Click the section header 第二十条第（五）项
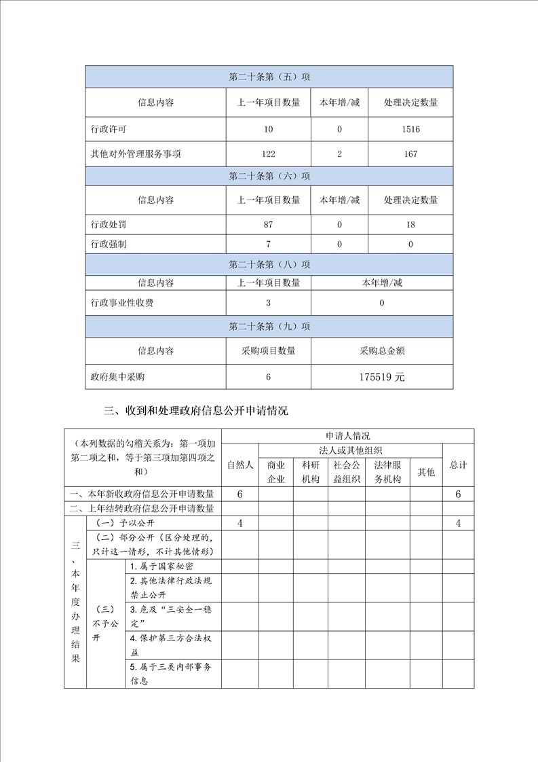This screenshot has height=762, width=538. click(269, 77)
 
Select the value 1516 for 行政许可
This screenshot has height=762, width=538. click(410, 129)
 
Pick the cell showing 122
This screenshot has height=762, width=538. click(268, 154)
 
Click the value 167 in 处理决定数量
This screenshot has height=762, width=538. click(410, 154)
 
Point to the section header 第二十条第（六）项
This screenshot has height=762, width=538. click(269, 176)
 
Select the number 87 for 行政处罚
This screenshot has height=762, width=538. click(268, 225)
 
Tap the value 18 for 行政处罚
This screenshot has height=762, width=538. click(410, 225)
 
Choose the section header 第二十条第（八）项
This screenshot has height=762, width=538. click(269, 264)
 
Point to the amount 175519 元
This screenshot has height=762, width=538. click(382, 377)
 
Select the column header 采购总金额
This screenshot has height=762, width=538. click(382, 351)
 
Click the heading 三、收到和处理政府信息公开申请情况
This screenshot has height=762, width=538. click(196, 411)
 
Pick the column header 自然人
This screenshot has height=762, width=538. click(239, 465)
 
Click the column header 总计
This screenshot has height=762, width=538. click(458, 465)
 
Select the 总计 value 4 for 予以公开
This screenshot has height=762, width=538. click(458, 524)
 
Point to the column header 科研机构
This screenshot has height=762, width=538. click(310, 472)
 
